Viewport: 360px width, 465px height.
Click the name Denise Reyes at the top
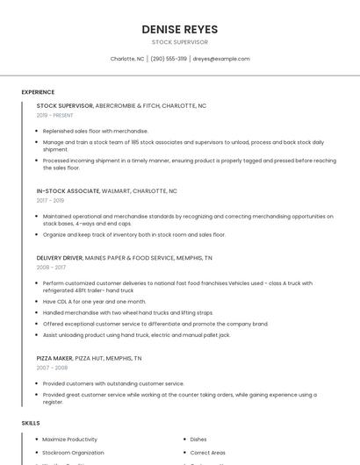(x=179, y=30)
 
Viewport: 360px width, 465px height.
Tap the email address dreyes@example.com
(x=221, y=59)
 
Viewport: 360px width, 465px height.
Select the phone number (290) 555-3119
(x=169, y=59)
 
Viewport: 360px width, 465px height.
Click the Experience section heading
(x=38, y=92)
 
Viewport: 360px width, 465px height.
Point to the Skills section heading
(x=31, y=423)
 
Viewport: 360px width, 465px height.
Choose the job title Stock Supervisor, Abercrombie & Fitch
(x=121, y=105)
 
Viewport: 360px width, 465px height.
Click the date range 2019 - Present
(x=54, y=115)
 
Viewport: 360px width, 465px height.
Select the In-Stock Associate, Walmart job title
(x=106, y=190)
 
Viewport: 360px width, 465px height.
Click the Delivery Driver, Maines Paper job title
(x=124, y=258)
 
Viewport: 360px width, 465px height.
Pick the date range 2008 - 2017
(x=51, y=268)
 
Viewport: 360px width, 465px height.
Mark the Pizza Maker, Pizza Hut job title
(x=89, y=358)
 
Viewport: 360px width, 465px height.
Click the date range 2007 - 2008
(x=52, y=368)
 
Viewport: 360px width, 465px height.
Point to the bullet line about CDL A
(x=94, y=301)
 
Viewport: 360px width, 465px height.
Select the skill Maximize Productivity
(x=69, y=439)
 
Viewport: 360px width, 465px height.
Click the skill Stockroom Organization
(x=73, y=453)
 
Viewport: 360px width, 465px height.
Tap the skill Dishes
(x=198, y=439)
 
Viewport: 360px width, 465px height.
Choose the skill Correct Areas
(x=208, y=453)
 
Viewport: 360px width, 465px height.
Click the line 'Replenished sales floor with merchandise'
(x=96, y=131)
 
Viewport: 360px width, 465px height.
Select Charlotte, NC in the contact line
(x=127, y=59)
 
